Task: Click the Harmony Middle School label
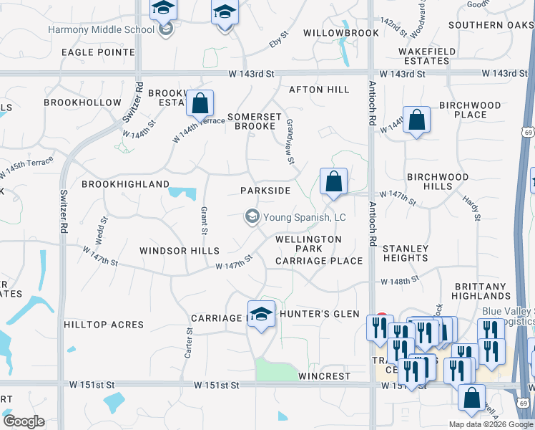101,30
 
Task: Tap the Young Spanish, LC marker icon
252,216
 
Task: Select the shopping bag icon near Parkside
333,183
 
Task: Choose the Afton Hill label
319,90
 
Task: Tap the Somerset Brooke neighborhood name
252,121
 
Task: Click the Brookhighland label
125,184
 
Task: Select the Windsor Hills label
179,251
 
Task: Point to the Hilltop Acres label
104,325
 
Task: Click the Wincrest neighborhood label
324,376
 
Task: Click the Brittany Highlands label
481,291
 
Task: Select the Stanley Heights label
406,253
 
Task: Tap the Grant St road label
204,221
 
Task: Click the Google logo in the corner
24,421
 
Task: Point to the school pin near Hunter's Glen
261,315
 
